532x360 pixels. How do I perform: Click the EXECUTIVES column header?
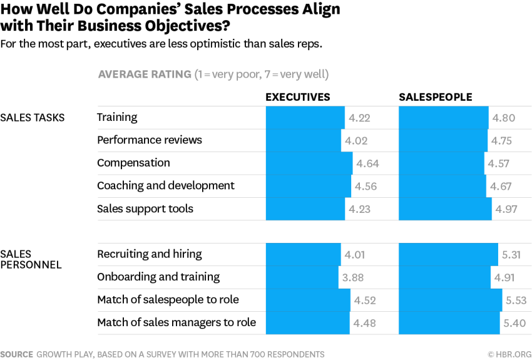point(297,97)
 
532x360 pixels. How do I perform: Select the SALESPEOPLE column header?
point(436,97)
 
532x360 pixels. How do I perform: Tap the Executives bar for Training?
point(305,118)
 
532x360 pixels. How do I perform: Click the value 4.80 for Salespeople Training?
point(504,118)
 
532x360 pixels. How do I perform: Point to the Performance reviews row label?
point(150,140)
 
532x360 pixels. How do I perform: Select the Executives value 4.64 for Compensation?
point(367,163)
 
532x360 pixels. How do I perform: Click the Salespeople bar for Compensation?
point(441,163)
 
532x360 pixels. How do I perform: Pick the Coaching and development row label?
point(166,186)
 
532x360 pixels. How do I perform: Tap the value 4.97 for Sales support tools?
point(506,209)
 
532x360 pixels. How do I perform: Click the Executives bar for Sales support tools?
point(305,209)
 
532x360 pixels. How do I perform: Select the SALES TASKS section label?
point(33,118)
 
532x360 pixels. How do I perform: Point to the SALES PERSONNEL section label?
point(31,259)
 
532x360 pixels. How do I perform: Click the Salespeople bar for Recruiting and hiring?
point(448,255)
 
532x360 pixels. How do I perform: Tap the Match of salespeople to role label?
point(168,300)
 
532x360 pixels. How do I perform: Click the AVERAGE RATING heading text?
point(145,75)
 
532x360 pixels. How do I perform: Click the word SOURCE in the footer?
point(17,354)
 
